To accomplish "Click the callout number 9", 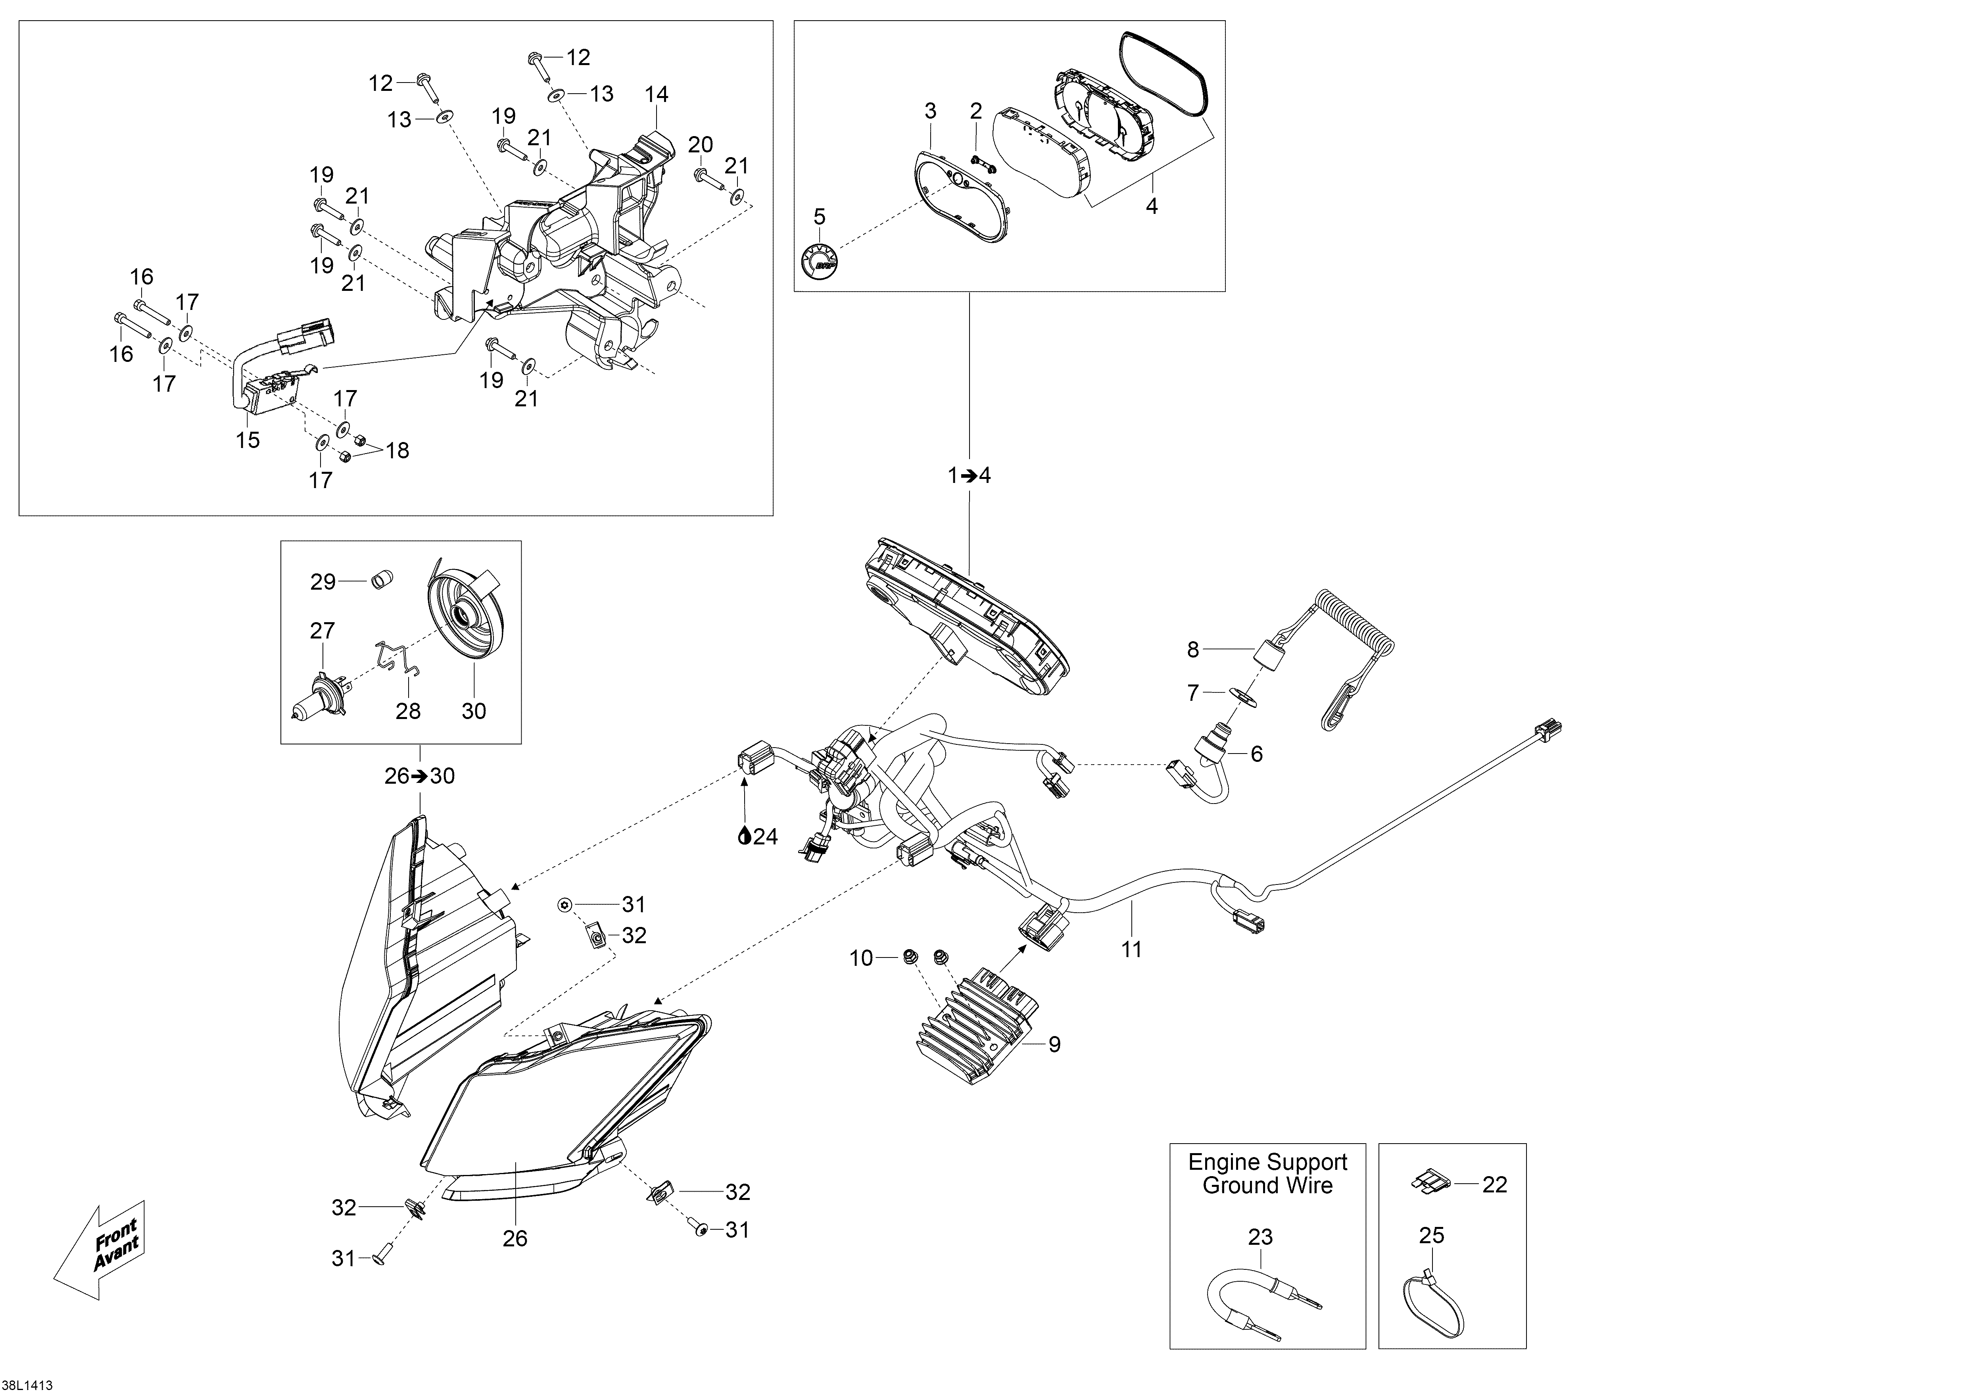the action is tap(1054, 1044).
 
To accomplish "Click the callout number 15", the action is tap(248, 440).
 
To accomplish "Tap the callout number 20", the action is tap(700, 145).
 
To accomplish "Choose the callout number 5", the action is tap(820, 217).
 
